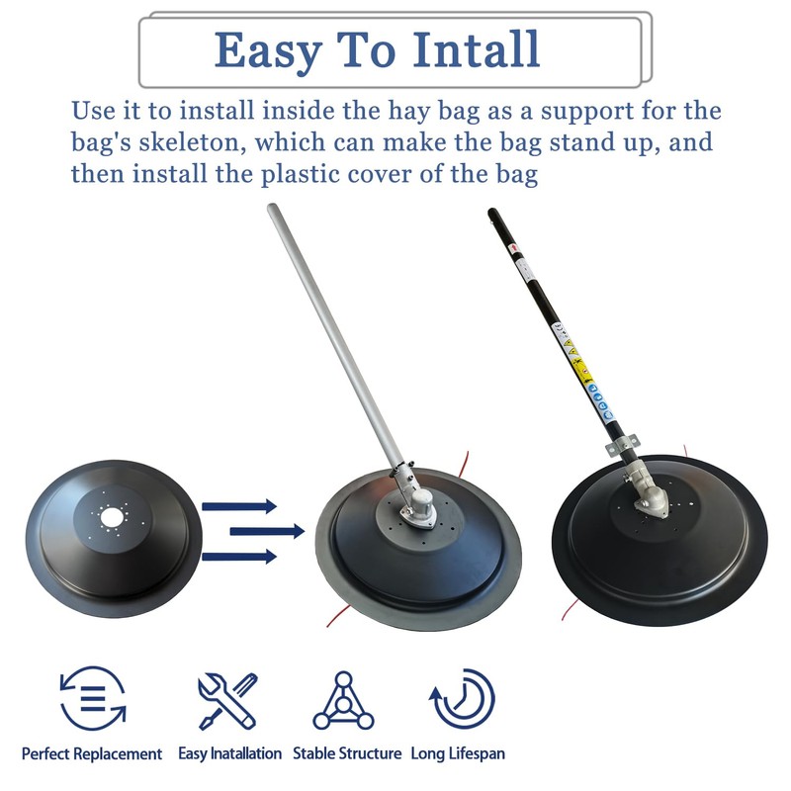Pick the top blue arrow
point(239,506)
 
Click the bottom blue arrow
point(239,557)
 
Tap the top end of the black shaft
point(493,215)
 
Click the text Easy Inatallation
point(229,753)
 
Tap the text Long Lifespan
point(458,753)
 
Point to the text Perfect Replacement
point(92,753)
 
